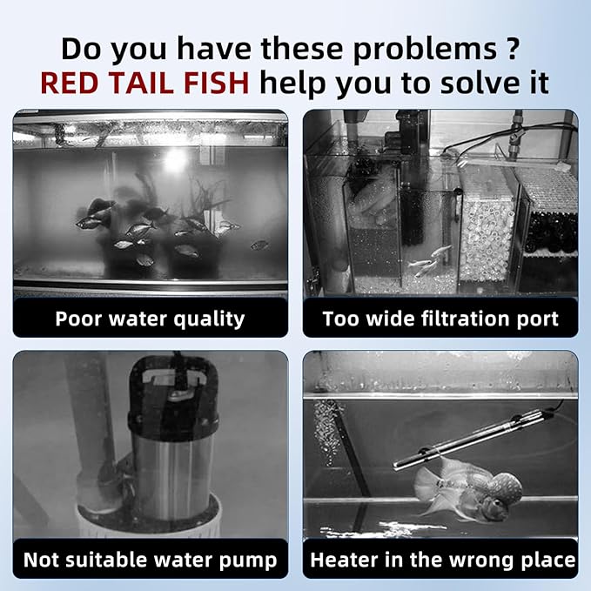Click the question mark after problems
[x=513, y=48]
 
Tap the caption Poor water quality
[x=150, y=319]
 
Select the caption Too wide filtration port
[x=440, y=319]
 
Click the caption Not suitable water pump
[x=150, y=560]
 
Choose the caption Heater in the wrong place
[x=443, y=560]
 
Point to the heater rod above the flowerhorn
[x=473, y=439]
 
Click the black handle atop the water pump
[x=173, y=388]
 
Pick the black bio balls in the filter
[x=551, y=232]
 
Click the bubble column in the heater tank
[x=326, y=433]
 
